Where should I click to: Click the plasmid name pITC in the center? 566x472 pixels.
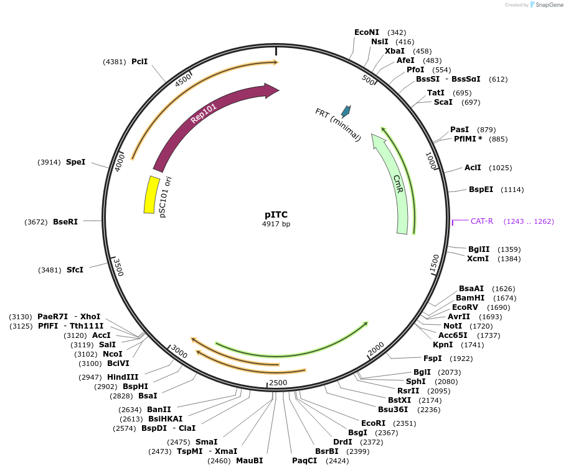click(276, 214)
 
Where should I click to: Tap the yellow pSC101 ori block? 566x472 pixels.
click(150, 195)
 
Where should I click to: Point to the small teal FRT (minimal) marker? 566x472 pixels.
click(345, 112)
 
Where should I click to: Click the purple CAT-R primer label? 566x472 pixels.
click(482, 221)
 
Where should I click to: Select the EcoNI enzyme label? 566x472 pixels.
click(367, 32)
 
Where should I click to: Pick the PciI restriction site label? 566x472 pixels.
click(139, 62)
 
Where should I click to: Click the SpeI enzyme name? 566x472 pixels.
click(75, 162)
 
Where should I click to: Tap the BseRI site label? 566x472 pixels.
click(65, 221)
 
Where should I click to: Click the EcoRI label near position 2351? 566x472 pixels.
click(374, 423)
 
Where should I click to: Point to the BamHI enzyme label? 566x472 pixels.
click(470, 298)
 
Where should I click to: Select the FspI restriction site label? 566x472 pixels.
click(432, 359)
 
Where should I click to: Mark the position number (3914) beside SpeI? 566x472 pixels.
click(49, 162)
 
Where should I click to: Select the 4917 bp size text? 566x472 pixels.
click(276, 224)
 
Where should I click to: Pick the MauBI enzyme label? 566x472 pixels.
click(249, 461)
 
